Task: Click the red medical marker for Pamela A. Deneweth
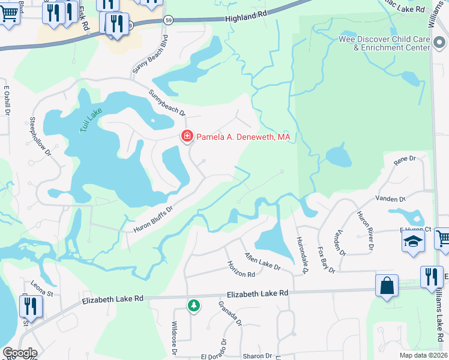pyautogui.click(x=187, y=137)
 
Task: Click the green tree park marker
pyautogui.click(x=193, y=306)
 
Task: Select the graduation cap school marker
pyautogui.click(x=412, y=242)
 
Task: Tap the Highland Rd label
pyautogui.click(x=246, y=19)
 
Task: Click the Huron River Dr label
pyautogui.click(x=365, y=231)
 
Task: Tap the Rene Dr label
pyautogui.click(x=405, y=159)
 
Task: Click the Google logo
pyautogui.click(x=19, y=353)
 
